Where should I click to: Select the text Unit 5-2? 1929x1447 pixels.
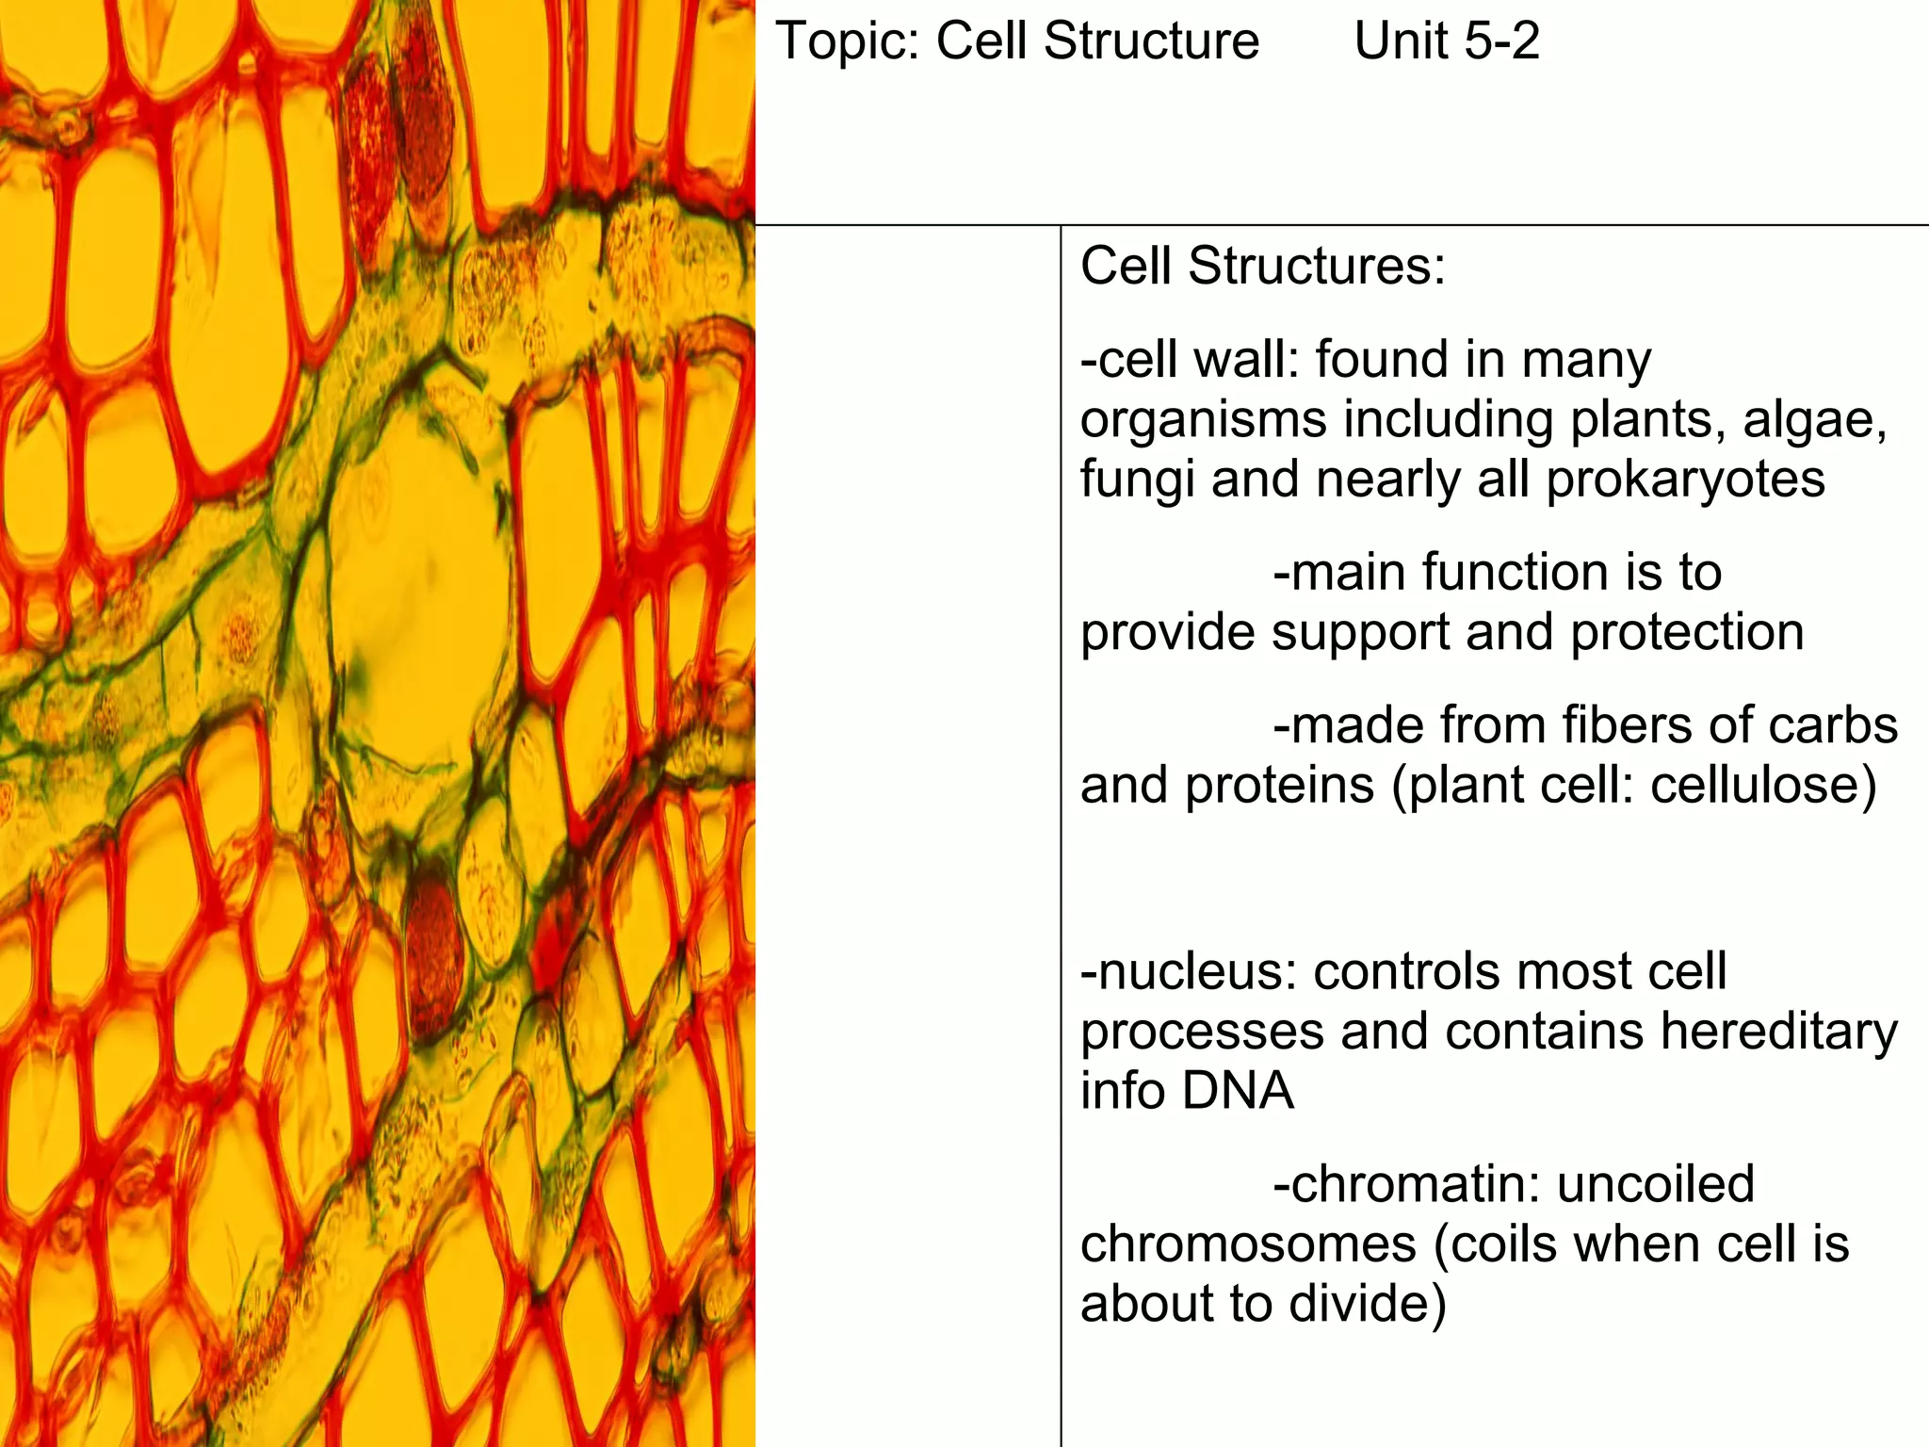pos(1446,42)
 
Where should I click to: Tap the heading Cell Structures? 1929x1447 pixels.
pos(1262,267)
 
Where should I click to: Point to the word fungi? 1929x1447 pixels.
pos(1137,480)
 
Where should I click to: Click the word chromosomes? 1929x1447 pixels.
pos(1248,1245)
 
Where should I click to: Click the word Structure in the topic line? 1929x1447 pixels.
pos(1151,42)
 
